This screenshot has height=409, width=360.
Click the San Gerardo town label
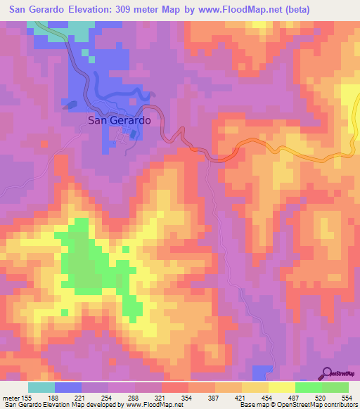119,120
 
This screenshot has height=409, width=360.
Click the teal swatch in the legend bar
41,387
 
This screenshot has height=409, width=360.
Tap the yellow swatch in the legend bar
282,387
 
